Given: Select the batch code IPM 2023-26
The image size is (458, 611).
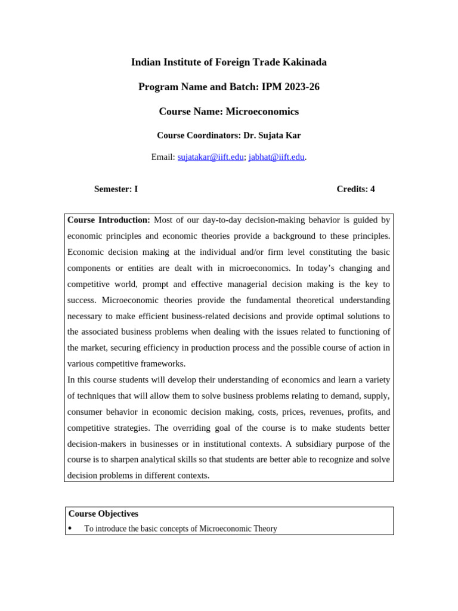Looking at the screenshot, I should coord(289,87).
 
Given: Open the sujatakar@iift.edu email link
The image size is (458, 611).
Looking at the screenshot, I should coord(211,157).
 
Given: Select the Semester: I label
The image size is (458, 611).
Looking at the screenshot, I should coord(116,189).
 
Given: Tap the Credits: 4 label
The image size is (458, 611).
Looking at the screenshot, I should coord(355,189).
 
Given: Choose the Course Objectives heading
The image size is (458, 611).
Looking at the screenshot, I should coord(103,514).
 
